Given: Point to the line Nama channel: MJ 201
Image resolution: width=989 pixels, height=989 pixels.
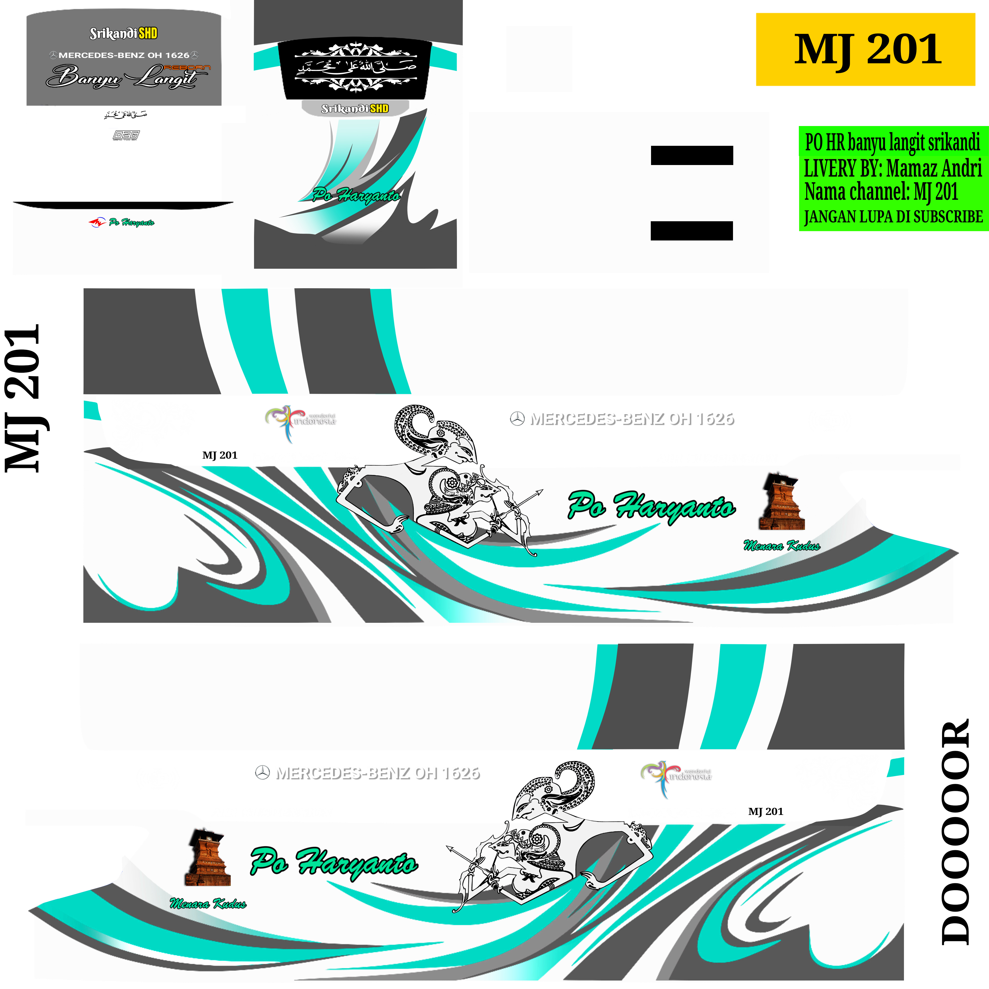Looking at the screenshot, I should click(880, 192).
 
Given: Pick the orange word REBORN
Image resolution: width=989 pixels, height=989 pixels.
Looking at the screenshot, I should click(187, 67).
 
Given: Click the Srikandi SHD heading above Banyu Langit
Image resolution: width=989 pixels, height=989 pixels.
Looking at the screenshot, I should click(123, 34).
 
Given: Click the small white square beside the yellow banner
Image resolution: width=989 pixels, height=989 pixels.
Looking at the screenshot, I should click(539, 59).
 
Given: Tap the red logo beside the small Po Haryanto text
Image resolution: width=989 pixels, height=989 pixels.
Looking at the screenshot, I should click(96, 222).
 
